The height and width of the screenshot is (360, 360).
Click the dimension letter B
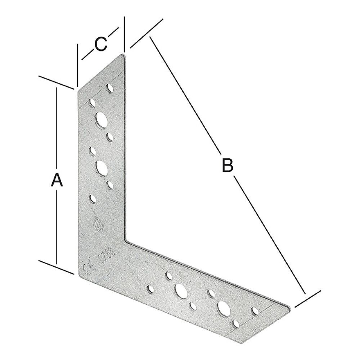pyautogui.click(x=227, y=166)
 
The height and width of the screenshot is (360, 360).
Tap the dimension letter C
pyautogui.click(x=100, y=44)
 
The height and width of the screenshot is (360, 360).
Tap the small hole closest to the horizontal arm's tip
pyautogui.click(x=256, y=310)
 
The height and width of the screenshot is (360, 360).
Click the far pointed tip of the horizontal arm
pyautogui.click(x=289, y=307)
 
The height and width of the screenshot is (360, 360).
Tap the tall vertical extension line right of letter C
pyautogui.click(x=124, y=34)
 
